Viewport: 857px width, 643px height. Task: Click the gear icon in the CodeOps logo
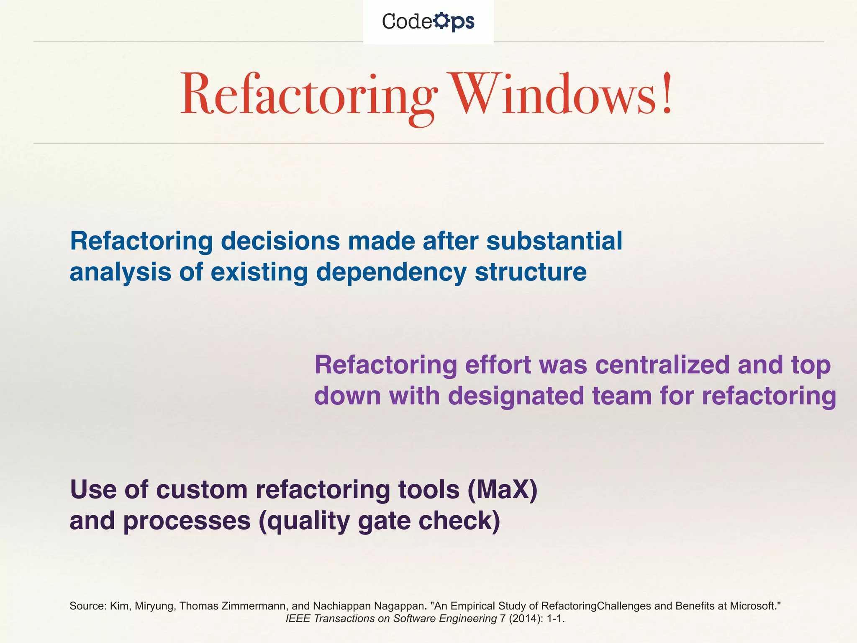pos(441,21)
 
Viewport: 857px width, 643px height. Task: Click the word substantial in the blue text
pos(554,241)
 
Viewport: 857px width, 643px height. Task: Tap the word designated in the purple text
pos(516,396)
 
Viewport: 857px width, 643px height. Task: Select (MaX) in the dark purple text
pos(502,489)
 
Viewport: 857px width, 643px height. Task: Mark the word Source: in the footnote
pos(88,606)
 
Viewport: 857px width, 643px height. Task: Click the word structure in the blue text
pos(531,272)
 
